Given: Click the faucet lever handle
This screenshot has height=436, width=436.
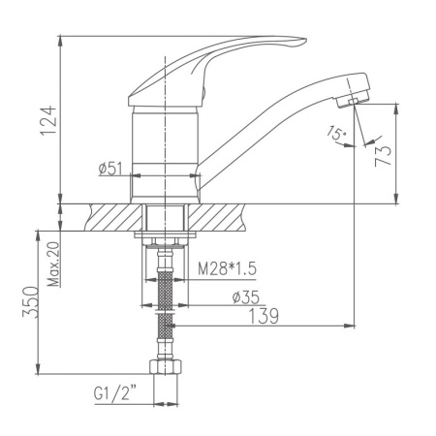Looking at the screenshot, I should [x=223, y=58].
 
